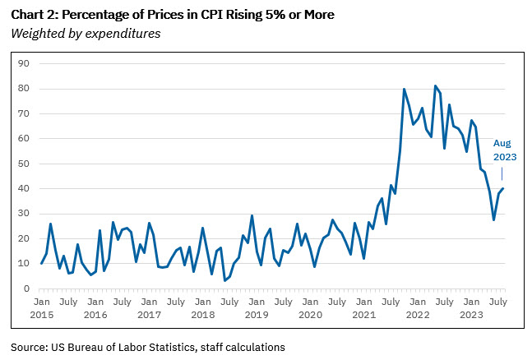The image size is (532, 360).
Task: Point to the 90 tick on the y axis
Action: [24, 63]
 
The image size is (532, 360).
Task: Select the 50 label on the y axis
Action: [24, 164]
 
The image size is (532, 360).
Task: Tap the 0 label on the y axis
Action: [26, 289]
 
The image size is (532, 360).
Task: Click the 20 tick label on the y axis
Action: [24, 239]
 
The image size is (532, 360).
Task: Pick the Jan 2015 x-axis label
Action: [41, 308]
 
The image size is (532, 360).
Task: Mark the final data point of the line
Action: [503, 189]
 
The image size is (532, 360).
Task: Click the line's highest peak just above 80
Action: [435, 85]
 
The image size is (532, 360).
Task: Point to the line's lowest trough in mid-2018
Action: [224, 280]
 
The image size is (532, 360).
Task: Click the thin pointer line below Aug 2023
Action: [502, 173]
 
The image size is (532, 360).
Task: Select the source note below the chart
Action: [148, 347]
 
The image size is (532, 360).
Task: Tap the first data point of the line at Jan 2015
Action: [41, 263]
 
